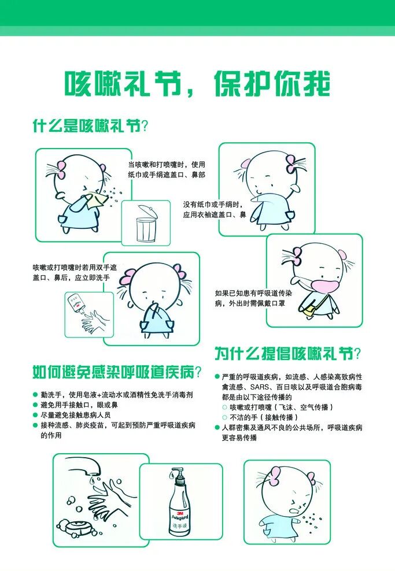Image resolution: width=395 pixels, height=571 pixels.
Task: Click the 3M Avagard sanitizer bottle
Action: point(180,503)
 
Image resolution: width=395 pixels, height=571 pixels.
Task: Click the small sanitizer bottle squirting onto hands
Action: point(76,302)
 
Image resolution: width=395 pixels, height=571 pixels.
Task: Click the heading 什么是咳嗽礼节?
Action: point(90,125)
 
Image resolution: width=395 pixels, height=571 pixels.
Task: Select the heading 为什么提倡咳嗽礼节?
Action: point(287,353)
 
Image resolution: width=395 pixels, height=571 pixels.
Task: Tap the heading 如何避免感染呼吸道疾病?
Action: point(117,372)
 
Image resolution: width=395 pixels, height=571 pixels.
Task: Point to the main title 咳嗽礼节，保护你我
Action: point(197,84)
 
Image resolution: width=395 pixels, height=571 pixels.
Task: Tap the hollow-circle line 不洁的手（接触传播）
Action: point(261,417)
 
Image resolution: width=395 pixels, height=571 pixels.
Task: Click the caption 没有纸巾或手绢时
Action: point(213,205)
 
